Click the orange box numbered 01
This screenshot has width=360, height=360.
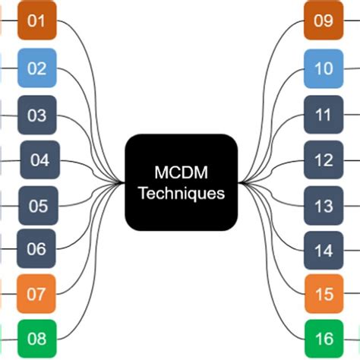[x=36, y=21]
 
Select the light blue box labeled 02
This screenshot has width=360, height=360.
[x=36, y=68]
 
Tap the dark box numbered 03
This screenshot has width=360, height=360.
[x=36, y=115]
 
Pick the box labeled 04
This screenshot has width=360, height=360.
[x=39, y=160]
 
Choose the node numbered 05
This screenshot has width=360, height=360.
[x=38, y=205]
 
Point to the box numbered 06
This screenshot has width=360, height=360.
[x=36, y=248]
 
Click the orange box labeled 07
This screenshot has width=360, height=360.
[x=36, y=293]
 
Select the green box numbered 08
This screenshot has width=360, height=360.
[x=36, y=337]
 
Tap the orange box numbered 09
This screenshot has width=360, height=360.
[x=324, y=21]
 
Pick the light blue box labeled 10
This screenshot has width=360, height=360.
[x=324, y=68]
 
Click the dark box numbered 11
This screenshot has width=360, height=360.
[x=324, y=115]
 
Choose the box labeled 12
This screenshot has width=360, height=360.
[x=324, y=160]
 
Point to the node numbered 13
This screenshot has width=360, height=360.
[x=324, y=205]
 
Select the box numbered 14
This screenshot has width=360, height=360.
[x=324, y=250]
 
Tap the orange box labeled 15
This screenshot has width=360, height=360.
[x=324, y=293]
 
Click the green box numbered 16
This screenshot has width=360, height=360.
[x=324, y=337]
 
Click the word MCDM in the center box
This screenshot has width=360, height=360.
[x=182, y=172]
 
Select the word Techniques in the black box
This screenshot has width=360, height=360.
[x=182, y=193]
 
